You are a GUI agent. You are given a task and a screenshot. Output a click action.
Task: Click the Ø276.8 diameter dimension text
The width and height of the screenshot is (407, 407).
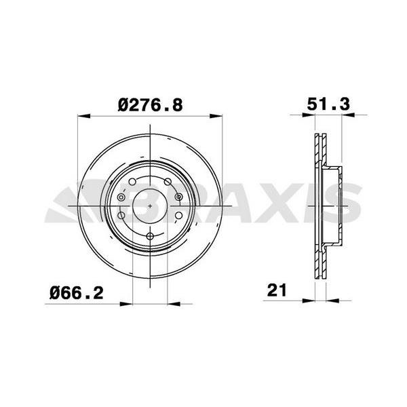click(151, 104)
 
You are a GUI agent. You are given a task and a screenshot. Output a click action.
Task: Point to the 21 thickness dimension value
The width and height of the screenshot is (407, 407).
click(275, 291)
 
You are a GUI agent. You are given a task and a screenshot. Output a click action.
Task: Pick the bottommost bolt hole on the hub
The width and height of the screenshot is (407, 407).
click(150, 236)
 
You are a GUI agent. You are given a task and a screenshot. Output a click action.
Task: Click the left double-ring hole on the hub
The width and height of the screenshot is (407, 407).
click(121, 197)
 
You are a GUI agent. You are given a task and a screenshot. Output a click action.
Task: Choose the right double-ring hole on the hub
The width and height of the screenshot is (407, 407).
click(179, 197)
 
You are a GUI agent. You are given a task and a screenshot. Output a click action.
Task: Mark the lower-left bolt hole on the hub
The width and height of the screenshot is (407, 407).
click(123, 216)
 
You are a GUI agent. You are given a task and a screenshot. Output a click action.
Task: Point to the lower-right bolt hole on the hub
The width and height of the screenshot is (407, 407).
click(177, 216)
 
